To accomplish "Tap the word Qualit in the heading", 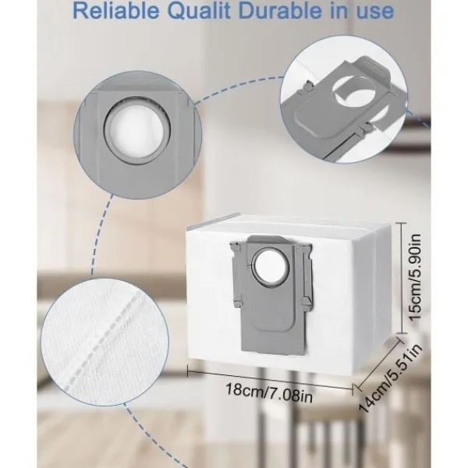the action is pos(200,12).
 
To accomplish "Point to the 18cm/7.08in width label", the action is pos(269,393).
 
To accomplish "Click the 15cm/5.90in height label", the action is pos(415,277).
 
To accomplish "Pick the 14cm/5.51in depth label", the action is pos(391,378).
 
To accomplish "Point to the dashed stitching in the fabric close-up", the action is pos(102,341).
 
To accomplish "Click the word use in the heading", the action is pos(377,12).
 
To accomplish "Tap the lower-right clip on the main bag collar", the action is pos(307,301).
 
